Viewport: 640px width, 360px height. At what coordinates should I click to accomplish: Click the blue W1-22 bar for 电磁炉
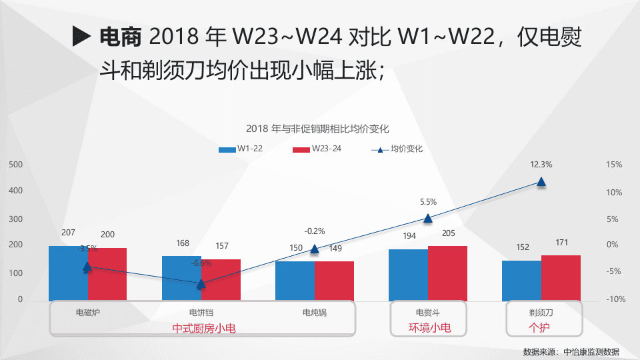click(x=68, y=273)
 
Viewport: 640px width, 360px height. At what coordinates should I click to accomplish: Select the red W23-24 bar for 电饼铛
click(x=221, y=279)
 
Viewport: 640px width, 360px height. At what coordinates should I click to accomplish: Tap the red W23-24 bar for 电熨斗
click(x=447, y=273)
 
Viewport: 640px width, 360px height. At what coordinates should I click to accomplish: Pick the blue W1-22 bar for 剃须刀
click(x=521, y=280)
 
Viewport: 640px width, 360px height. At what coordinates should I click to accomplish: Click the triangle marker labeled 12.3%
click(x=541, y=181)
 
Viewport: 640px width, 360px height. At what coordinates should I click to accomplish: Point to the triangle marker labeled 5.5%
click(x=428, y=218)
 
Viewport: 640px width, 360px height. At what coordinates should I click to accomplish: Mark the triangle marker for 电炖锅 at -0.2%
click(x=315, y=249)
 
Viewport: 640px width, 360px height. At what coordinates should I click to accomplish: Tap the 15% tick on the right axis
click(x=614, y=165)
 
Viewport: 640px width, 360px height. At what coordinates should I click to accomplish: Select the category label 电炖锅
click(x=315, y=312)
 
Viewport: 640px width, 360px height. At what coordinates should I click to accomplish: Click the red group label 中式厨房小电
click(x=204, y=328)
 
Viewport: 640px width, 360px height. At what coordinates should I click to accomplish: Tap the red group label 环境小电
click(x=429, y=327)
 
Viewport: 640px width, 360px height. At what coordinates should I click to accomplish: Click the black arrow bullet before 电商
click(x=81, y=37)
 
